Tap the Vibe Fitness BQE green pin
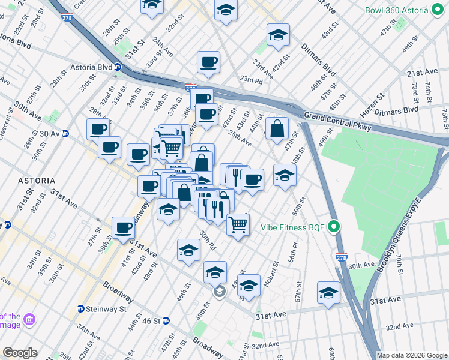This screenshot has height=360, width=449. coord(335,227)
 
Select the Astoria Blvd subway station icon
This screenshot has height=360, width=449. coord(118,67)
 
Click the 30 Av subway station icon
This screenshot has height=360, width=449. coord(65,133)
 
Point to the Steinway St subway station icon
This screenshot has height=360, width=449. coord(80,309)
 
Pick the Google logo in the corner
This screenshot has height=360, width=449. coord(20,353)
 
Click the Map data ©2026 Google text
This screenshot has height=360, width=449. coord(412,355)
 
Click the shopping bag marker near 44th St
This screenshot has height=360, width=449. coord(277,128)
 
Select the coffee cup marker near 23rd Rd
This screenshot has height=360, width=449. coord(208,62)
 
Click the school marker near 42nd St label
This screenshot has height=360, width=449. coord(277,35)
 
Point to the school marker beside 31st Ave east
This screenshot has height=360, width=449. coord(328,293)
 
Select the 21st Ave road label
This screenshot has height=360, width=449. coord(423,72)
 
